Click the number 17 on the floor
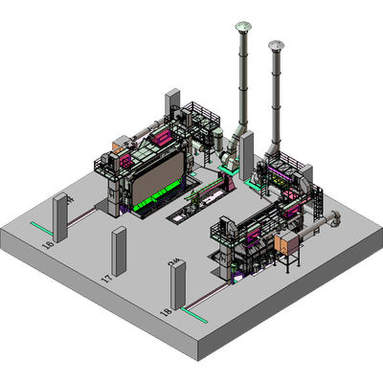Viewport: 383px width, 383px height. [x=106, y=280]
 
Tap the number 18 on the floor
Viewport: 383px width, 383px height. [x=166, y=312]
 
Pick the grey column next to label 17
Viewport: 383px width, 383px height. [x=120, y=250]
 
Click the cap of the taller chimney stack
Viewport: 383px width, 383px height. [x=242, y=26]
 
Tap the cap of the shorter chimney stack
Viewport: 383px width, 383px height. [x=278, y=44]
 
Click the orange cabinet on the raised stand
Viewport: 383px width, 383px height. [x=287, y=243]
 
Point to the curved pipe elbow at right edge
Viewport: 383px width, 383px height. [x=334, y=220]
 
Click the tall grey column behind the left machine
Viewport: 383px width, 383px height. [x=173, y=106]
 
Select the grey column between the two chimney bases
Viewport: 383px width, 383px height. [x=246, y=153]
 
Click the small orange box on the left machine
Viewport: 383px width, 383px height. [x=121, y=146]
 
